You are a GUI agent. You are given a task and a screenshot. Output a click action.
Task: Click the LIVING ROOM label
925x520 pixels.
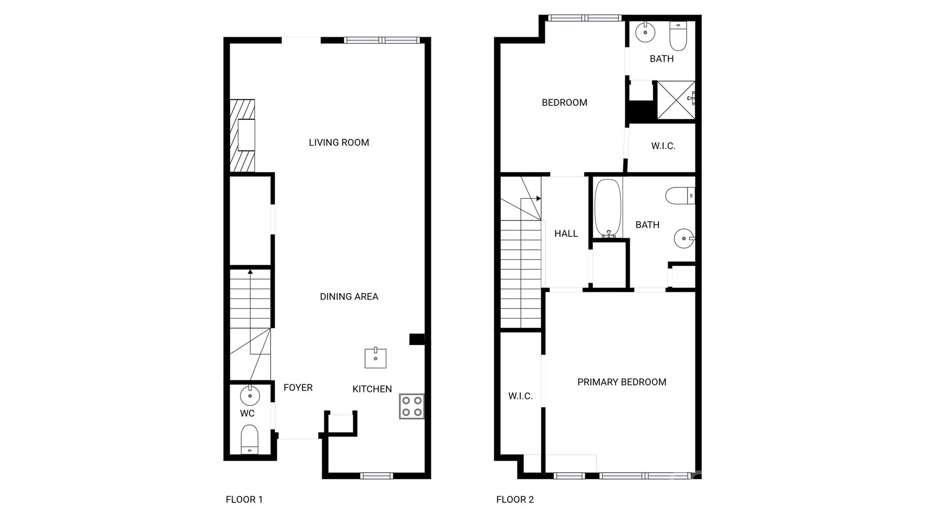[x=339, y=143]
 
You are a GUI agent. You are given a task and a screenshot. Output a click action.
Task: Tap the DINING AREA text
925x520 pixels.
[x=349, y=297]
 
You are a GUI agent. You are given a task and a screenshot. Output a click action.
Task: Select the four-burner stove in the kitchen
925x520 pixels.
[x=411, y=406]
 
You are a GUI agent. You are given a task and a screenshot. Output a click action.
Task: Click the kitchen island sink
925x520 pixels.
[x=375, y=358]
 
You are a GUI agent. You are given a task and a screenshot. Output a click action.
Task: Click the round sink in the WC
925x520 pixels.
[x=250, y=396]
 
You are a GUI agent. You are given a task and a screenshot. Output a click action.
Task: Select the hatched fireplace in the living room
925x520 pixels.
[x=242, y=136]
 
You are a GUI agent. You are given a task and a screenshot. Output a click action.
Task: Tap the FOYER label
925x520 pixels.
[x=298, y=388]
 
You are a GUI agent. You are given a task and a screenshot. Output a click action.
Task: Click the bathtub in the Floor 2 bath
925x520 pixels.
[x=608, y=208]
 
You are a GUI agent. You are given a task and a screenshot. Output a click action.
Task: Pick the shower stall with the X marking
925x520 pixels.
[x=676, y=100]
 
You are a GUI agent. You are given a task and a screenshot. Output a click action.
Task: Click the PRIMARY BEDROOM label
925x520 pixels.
[x=621, y=382]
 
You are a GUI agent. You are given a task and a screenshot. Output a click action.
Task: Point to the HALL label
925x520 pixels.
[x=565, y=234]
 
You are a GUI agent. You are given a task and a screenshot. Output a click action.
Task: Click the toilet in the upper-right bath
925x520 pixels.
[x=678, y=36]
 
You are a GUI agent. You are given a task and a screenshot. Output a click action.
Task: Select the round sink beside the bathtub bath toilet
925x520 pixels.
[x=684, y=238]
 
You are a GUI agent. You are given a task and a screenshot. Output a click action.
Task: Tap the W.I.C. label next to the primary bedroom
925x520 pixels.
[x=520, y=396]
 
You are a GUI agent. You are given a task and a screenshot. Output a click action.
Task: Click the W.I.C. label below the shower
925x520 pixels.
[x=663, y=146]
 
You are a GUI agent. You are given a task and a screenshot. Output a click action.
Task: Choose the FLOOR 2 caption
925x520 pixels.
[x=515, y=500]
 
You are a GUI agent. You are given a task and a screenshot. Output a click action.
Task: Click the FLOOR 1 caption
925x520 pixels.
[x=244, y=500]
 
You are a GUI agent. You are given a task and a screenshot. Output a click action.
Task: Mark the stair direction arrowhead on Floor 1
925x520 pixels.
[x=250, y=272]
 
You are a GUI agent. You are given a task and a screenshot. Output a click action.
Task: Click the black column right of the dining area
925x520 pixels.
[x=416, y=339]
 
